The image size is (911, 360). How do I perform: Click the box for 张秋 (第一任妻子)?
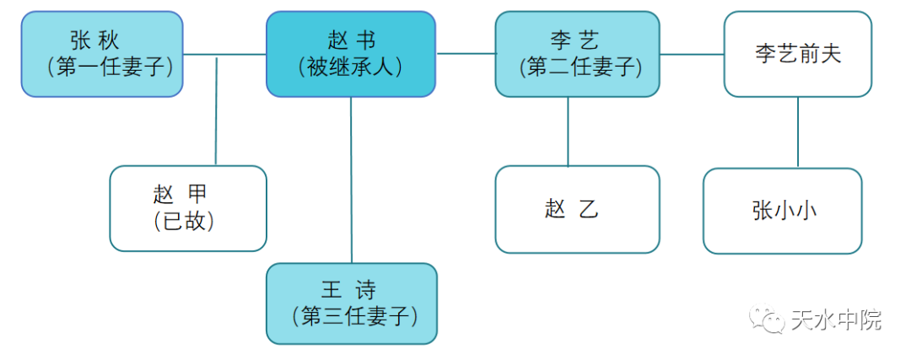pyautogui.click(x=102, y=54)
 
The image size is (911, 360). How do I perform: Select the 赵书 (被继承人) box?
pyautogui.click(x=351, y=54)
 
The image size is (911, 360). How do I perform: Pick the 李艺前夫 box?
pyautogui.click(x=797, y=54)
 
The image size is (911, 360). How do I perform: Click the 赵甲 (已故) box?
pyautogui.click(x=188, y=208)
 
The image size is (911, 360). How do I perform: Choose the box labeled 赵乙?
pyautogui.click(x=577, y=209)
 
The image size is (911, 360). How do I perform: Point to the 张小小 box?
pyautogui.click(x=783, y=211)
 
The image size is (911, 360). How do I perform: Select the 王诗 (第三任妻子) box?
pyautogui.click(x=352, y=304)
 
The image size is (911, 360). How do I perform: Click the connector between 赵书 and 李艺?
pyautogui.click(x=466, y=53)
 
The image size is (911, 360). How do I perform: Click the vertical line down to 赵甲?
pyautogui.click(x=217, y=110)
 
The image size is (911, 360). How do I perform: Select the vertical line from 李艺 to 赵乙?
pyautogui.click(x=568, y=131)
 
